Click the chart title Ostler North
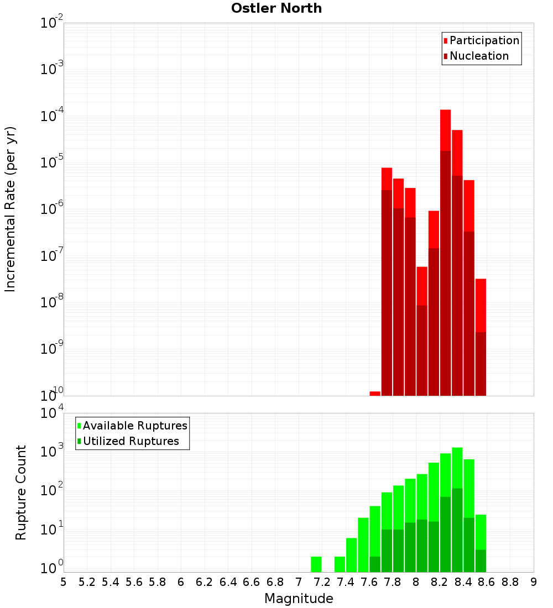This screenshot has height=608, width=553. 276,8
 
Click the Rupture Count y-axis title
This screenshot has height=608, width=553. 21,492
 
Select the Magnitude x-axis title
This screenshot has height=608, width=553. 299,599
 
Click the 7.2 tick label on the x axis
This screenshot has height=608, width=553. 322,582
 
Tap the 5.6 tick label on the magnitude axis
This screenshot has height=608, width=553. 134,582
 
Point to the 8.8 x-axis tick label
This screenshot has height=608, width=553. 510,582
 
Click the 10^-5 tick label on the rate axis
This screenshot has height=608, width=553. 52,163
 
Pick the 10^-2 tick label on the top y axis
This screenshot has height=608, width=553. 52,23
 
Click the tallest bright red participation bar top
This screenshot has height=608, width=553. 445,111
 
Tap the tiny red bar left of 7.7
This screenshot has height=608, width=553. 375,394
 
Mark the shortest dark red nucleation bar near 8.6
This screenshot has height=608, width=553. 481,364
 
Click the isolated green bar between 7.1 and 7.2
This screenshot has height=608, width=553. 316,564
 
